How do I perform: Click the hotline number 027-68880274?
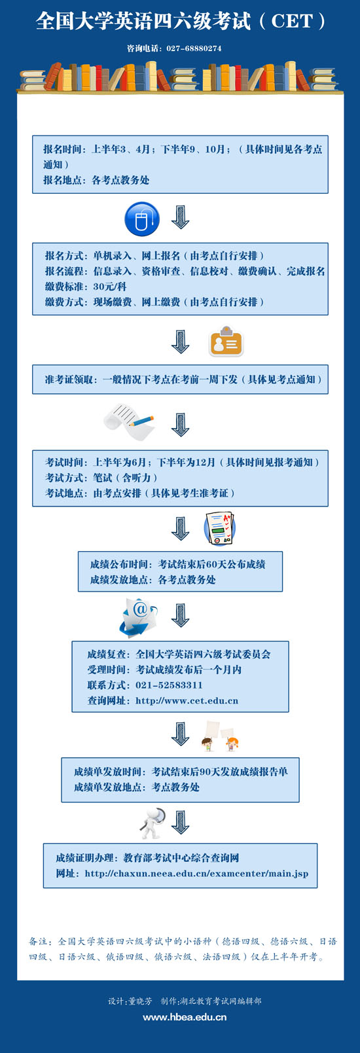[194, 48]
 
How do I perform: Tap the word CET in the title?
[292, 21]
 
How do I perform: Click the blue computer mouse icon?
[142, 219]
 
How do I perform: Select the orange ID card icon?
[226, 341]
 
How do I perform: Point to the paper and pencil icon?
[129, 421]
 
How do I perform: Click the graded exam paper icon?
[220, 529]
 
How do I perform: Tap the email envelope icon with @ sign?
[138, 617]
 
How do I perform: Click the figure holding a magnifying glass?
[154, 823]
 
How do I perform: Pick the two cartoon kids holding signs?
[220, 737]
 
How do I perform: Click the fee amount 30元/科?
[109, 286]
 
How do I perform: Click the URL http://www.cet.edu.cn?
[187, 700]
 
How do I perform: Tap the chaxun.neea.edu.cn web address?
[196, 874]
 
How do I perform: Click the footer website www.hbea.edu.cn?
[185, 1017]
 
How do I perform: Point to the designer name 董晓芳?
[140, 1001]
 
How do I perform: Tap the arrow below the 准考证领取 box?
[180, 425]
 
